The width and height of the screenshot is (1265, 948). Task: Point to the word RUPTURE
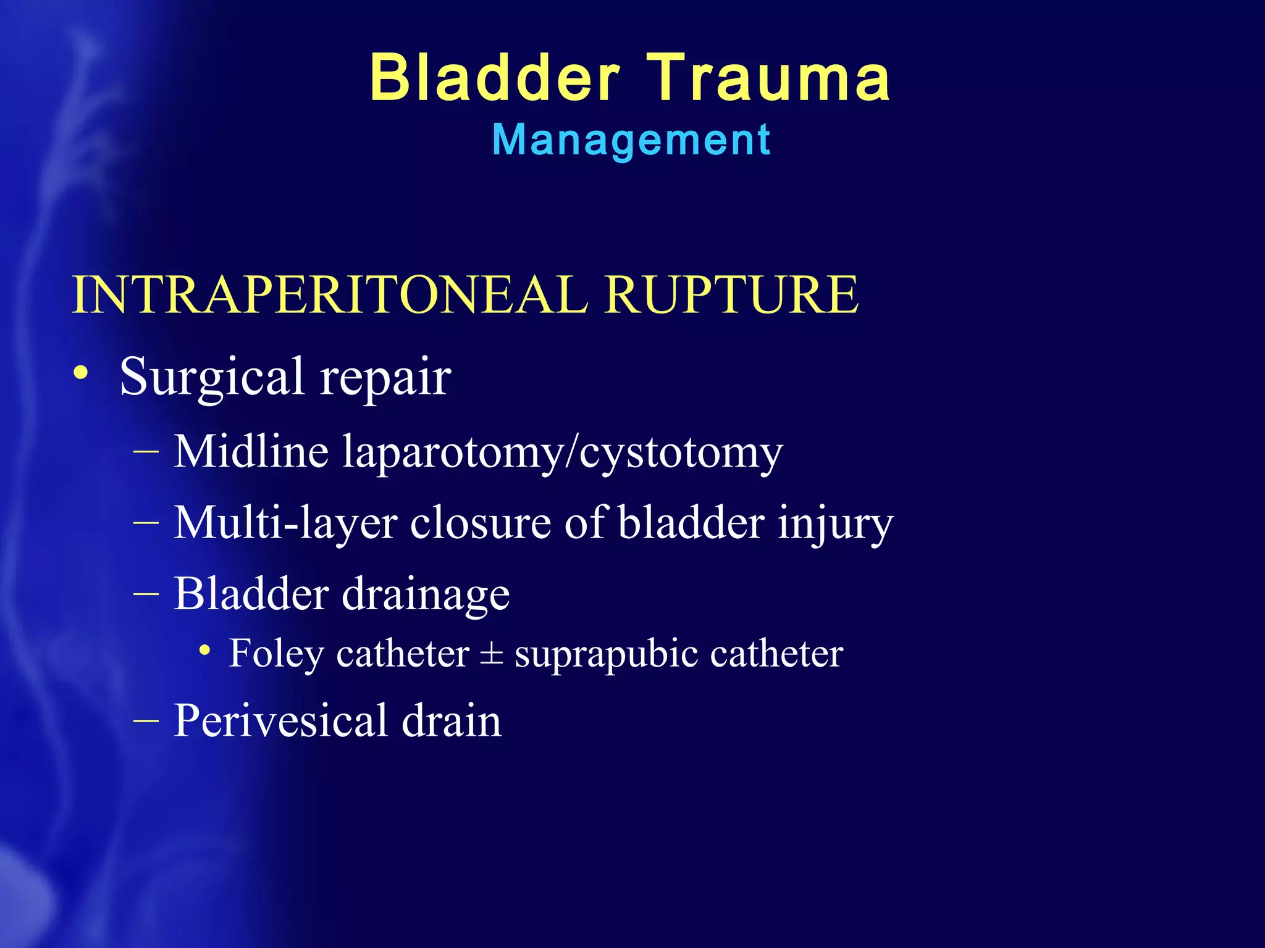coord(731,294)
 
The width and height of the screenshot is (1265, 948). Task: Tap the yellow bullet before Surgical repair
coord(80,373)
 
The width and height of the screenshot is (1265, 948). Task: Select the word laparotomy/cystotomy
coord(563,454)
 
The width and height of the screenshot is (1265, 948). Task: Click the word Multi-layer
coord(285,523)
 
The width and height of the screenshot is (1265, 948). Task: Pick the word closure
coord(481,523)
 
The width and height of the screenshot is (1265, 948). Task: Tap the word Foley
coord(275,654)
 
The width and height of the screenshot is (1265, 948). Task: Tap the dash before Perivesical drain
coord(146,720)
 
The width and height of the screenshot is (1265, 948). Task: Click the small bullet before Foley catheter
coord(205,650)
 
